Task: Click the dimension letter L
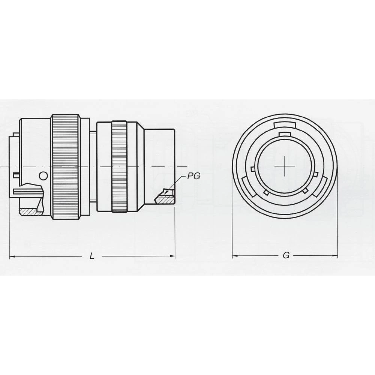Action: pos(92,256)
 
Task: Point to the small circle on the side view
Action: pos(44,175)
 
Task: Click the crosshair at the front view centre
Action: pos(285,166)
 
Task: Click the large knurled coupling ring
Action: pos(66,167)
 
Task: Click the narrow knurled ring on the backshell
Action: pos(119,167)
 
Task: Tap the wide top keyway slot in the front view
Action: pos(285,125)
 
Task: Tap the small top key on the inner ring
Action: pos(285,134)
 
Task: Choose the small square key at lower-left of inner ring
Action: pos(267,192)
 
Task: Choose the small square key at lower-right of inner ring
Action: pos(305,191)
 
